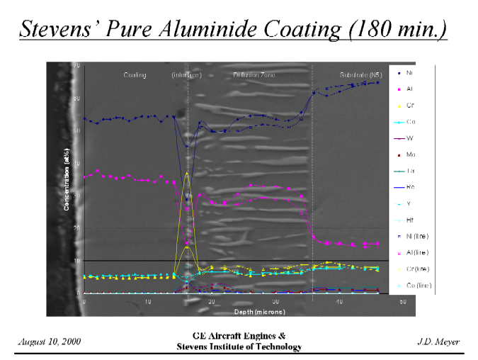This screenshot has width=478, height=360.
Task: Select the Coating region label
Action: click(x=135, y=74)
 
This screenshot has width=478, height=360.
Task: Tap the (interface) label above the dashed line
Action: click(x=187, y=74)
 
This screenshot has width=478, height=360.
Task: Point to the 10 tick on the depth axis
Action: click(x=147, y=303)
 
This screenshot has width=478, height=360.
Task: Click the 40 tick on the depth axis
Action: click(x=338, y=303)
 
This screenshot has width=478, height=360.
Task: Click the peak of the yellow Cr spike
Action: click(x=186, y=172)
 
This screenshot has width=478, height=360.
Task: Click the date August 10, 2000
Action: click(x=49, y=342)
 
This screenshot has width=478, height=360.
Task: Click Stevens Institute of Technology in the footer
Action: click(x=239, y=347)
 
